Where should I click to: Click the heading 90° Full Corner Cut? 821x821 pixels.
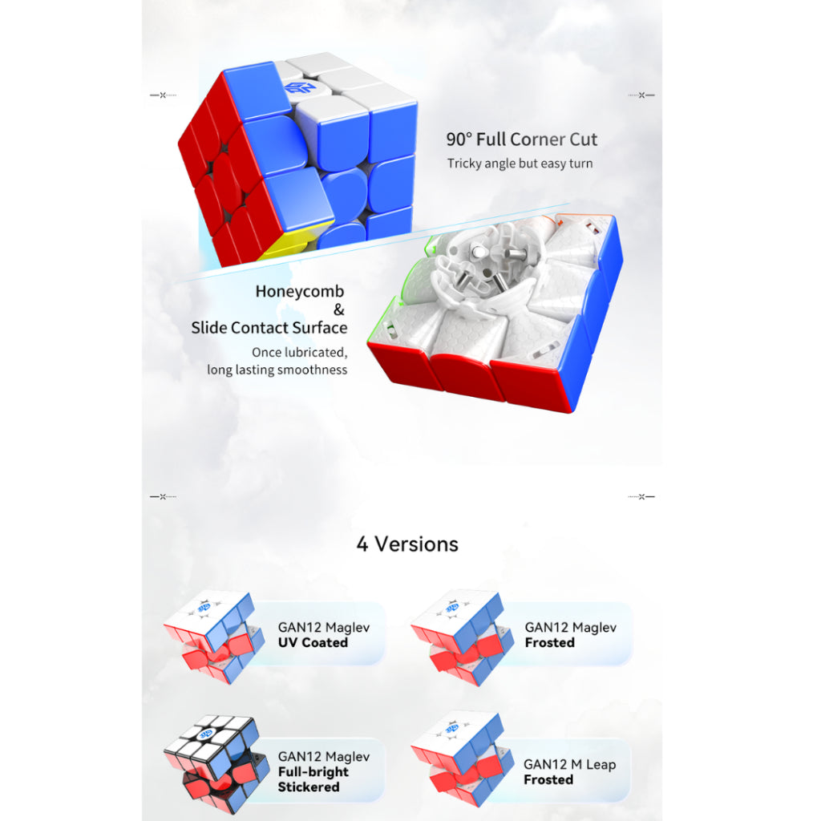[x=521, y=140]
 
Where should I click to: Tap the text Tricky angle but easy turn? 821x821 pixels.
[x=520, y=164]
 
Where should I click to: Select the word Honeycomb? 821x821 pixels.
[x=300, y=291]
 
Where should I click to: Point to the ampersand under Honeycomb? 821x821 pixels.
[x=339, y=309]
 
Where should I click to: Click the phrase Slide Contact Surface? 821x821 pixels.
[x=269, y=328]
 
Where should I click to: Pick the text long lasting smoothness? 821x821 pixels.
[x=277, y=370]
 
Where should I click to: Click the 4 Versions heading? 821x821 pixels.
[x=407, y=544]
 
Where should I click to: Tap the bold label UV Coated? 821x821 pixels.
[x=313, y=642]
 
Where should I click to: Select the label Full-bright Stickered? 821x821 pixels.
[x=313, y=779]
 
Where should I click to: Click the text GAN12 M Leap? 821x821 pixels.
[x=570, y=764]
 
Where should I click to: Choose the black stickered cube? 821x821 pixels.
[x=216, y=763]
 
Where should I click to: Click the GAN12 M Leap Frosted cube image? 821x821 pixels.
[x=461, y=758]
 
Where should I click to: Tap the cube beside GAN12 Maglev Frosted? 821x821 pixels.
[x=461, y=637]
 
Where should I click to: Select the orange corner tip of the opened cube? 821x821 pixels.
[x=550, y=220]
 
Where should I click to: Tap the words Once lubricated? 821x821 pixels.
[x=299, y=353]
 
